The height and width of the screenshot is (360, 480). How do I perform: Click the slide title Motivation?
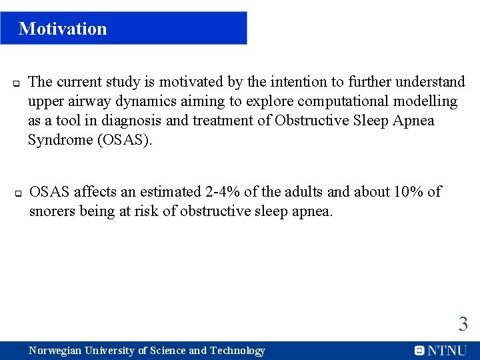[x=63, y=29]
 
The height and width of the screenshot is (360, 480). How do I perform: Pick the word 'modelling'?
[x=423, y=101]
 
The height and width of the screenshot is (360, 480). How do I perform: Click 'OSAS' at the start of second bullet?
[x=50, y=192]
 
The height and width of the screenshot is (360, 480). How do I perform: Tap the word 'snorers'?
[x=53, y=211]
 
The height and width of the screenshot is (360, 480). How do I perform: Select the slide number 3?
[x=463, y=325]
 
